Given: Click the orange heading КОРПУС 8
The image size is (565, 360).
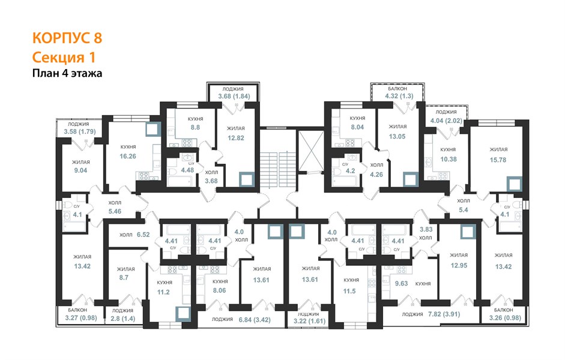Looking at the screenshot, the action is (x=67, y=38).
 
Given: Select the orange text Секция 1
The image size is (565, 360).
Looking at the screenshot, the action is (x=64, y=57).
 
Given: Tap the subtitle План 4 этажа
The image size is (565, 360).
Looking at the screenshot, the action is (x=67, y=73).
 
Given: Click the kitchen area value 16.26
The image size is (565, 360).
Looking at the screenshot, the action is (x=128, y=156).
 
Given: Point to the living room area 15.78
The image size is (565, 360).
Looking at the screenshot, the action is (x=498, y=160).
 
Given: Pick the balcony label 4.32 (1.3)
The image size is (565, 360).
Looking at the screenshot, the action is (x=399, y=96).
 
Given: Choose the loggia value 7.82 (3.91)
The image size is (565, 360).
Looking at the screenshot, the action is (x=444, y=314).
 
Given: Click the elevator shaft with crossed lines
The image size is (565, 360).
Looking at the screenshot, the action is (x=310, y=150).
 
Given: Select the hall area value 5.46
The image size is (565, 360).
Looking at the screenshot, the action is (x=115, y=211).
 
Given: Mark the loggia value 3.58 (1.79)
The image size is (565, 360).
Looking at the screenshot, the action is (x=80, y=132).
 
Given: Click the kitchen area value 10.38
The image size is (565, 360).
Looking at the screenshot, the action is (x=449, y=159).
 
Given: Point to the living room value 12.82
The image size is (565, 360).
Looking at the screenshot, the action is (x=236, y=138).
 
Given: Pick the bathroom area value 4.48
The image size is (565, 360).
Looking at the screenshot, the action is (x=187, y=170).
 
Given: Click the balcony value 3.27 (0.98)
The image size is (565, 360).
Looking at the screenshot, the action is (x=81, y=318).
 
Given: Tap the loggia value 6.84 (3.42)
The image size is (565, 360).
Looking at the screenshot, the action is (x=255, y=320).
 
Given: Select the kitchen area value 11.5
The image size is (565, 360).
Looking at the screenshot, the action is (x=349, y=291).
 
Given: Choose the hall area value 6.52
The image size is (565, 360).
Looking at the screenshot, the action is (x=143, y=235).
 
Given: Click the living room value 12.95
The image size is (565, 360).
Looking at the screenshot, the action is (x=459, y=265).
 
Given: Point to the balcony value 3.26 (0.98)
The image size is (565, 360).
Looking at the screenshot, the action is (x=505, y=318).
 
